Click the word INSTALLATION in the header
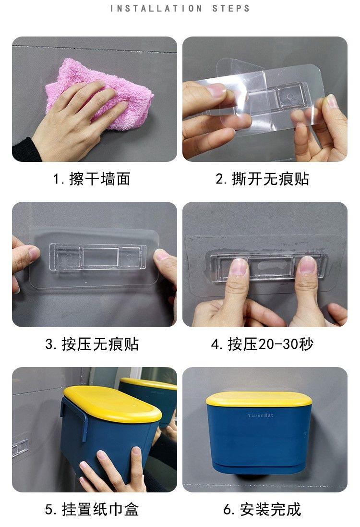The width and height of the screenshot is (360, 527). [x=156, y=8]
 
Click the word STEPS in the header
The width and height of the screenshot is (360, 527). [x=231, y=8]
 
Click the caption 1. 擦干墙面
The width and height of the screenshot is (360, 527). [x=92, y=178]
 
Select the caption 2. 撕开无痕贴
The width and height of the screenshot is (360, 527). [x=262, y=178]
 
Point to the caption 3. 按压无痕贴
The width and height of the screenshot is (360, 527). [x=92, y=344]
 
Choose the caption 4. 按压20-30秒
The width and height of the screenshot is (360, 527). [x=262, y=344]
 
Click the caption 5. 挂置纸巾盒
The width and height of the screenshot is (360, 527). [x=92, y=509]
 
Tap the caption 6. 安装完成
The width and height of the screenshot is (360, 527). [x=262, y=509]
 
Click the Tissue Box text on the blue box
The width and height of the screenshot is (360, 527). [x=261, y=416]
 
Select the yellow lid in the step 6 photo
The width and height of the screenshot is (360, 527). [x=260, y=399]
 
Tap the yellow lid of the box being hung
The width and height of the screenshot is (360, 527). [x=113, y=404]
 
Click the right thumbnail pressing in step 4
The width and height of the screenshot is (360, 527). [x=307, y=264]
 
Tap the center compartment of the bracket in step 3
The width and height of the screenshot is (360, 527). [x=101, y=257]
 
